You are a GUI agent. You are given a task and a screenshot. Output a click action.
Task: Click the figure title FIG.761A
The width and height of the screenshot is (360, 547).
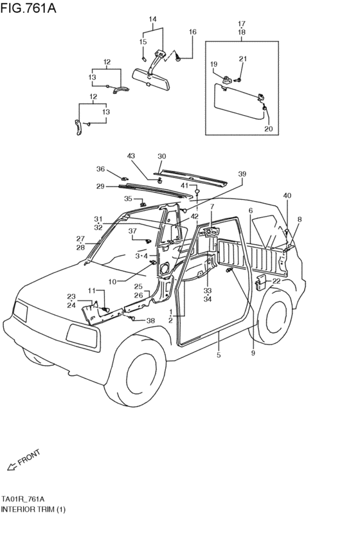point(28,8)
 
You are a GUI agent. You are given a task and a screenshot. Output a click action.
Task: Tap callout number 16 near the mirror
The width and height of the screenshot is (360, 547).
point(193,31)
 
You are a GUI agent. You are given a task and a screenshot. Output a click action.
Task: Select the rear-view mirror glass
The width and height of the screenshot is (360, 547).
point(150,79)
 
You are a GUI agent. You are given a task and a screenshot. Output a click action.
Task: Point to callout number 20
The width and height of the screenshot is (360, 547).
point(268,129)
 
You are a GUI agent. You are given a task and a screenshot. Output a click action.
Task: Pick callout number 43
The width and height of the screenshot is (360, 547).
point(130,156)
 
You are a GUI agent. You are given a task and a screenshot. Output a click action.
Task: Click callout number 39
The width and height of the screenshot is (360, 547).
point(242,174)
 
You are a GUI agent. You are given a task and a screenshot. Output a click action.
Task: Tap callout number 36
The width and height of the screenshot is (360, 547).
point(100,169)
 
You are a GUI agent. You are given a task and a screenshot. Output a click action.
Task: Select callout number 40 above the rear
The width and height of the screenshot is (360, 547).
point(287,195)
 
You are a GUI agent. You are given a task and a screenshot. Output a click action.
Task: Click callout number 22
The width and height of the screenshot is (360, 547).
point(276,281)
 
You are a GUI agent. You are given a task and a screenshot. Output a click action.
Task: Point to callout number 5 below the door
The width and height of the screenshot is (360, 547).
point(219,355)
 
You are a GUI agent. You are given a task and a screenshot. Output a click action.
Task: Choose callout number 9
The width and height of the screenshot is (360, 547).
point(253,353)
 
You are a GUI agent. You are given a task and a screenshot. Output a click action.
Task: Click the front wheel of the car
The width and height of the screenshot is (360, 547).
point(137,370)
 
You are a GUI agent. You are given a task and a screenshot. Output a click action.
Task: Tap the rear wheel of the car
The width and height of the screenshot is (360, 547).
point(273,316)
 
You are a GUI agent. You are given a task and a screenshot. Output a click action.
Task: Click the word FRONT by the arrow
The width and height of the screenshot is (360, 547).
point(30,458)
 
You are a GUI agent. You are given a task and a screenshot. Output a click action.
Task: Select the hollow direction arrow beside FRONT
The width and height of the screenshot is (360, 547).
point(12,467)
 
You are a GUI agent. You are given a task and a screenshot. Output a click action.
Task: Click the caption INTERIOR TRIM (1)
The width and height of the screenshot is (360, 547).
point(33,509)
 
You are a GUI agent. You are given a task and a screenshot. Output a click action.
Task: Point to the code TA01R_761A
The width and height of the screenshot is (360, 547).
point(22,499)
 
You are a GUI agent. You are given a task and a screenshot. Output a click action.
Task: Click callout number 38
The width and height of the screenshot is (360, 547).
point(150,320)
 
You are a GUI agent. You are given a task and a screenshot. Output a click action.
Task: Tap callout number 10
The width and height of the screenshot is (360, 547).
point(113,282)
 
